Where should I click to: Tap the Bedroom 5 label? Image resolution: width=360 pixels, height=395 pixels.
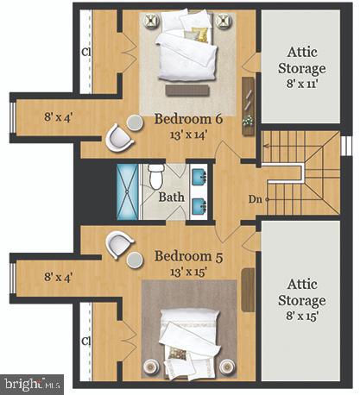click(x=190, y=256)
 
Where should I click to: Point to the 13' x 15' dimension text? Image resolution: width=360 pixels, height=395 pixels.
click(x=190, y=272)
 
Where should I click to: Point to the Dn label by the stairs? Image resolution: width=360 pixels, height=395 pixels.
click(x=255, y=199)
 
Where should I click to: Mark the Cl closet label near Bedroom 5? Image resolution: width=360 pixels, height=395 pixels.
click(x=86, y=341)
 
